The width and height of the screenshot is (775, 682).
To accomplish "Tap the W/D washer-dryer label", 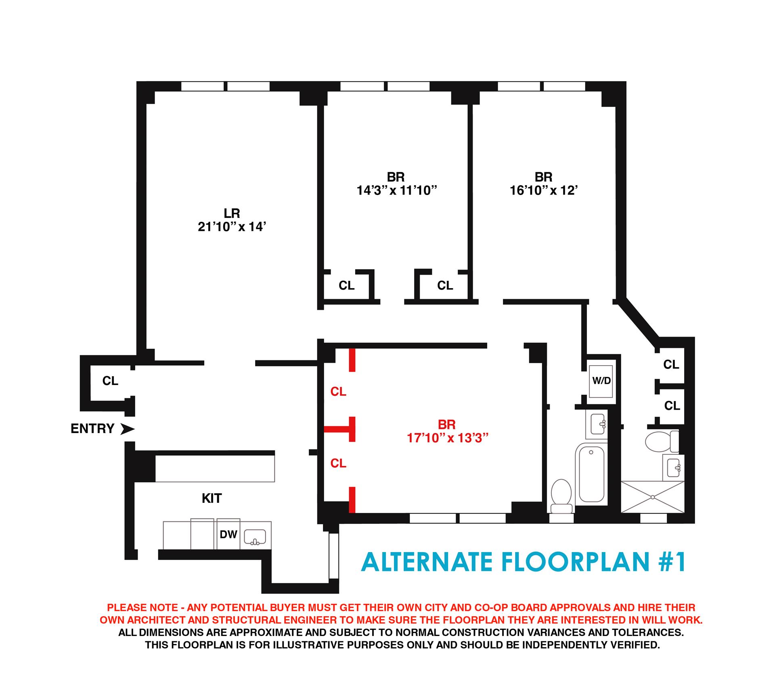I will coord(601,381).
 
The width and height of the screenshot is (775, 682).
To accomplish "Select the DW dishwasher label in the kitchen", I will coord(228,534).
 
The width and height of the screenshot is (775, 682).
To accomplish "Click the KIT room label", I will coord(212,498).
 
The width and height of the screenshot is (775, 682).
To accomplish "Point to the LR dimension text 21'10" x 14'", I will coord(232,227).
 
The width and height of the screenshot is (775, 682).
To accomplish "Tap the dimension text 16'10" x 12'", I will coord(544,190).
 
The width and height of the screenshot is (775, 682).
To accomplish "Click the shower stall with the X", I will coord(652,497).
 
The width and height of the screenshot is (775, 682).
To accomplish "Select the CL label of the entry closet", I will coord(110,381).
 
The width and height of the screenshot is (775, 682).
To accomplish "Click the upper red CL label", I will coord(338,391).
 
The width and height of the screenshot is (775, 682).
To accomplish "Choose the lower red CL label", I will coord(338,464).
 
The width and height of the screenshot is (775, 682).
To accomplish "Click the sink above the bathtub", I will coord(597,425).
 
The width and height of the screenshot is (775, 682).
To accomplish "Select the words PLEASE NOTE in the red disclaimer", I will coord(142,607).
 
